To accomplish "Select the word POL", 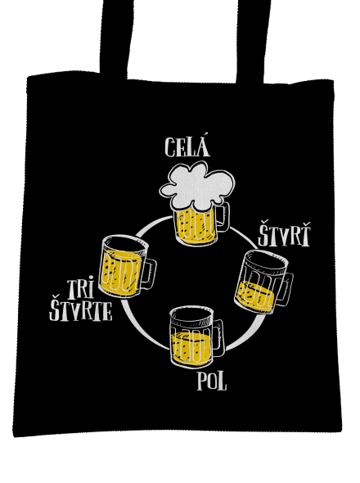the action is pyautogui.click(x=212, y=381).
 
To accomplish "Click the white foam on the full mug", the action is pyautogui.click(x=197, y=185).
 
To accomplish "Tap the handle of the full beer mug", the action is pyautogui.click(x=223, y=217).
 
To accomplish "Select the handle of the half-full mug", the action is pyautogui.click(x=218, y=338).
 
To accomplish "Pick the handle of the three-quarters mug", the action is pyautogui.click(x=150, y=273).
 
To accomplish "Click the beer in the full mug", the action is pyautogui.click(x=195, y=227).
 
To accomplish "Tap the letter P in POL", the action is pyautogui.click(x=202, y=381).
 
